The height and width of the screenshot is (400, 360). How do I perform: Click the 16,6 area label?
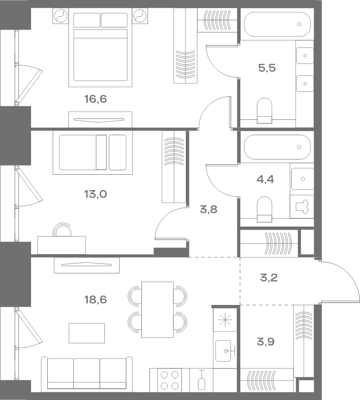[95, 99]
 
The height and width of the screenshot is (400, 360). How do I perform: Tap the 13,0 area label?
[95, 194]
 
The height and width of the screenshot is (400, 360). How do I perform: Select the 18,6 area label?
[95, 300]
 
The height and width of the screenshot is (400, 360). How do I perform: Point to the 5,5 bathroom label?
[267, 68]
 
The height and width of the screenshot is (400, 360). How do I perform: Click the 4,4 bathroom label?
[265, 179]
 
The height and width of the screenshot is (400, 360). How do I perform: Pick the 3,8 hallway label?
[208, 209]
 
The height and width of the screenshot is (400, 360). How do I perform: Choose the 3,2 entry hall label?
[269, 277]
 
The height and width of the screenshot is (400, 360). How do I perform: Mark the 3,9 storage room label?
[265, 341]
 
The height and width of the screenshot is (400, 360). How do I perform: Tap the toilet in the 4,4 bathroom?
[265, 209]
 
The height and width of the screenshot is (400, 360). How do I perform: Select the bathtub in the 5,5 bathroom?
[277, 24]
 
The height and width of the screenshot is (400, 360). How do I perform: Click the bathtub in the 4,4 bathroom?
[277, 147]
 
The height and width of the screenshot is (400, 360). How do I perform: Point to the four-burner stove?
[170, 380]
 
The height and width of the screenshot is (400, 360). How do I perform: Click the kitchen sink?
[223, 351]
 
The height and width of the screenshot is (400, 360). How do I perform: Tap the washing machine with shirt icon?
[301, 207]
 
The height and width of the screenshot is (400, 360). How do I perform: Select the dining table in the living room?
[157, 309]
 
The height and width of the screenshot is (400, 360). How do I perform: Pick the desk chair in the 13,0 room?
[62, 229]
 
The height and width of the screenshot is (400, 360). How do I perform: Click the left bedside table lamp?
[61, 16]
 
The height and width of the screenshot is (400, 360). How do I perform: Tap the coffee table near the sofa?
[86, 333]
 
